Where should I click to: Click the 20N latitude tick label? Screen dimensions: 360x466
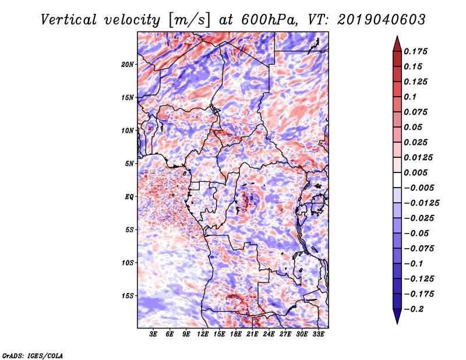(128, 64)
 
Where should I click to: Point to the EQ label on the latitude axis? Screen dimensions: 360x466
(129, 197)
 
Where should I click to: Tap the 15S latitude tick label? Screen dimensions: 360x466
(128, 296)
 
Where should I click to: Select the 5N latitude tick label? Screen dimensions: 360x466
(129, 164)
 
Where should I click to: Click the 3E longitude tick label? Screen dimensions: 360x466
(154, 335)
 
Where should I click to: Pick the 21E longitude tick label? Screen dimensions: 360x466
(252, 335)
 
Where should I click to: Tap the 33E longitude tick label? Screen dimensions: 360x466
(318, 335)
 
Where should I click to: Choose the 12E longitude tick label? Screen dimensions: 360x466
(203, 335)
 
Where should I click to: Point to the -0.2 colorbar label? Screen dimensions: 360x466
(416, 309)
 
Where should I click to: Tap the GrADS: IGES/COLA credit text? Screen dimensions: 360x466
(32, 355)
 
